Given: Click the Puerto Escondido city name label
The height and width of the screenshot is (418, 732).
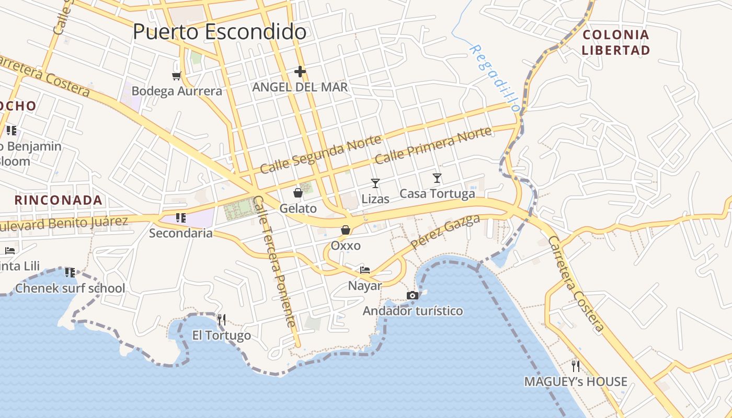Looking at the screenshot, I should (219, 32).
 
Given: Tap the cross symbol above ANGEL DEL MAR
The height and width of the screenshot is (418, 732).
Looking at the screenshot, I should (300, 72).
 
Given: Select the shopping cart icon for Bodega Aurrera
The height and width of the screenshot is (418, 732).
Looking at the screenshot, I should (177, 76).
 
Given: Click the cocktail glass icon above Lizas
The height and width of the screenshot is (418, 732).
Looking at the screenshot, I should (375, 183).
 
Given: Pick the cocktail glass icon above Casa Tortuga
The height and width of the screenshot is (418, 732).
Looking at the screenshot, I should (437, 178).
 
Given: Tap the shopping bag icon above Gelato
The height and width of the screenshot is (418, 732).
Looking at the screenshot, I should (298, 193).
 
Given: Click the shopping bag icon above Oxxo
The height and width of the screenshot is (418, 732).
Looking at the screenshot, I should (346, 230).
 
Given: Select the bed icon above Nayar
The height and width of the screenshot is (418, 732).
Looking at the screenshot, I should (365, 270).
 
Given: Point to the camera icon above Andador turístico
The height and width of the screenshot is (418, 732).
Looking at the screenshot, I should (413, 296).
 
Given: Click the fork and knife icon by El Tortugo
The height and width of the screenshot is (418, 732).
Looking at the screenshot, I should (222, 319).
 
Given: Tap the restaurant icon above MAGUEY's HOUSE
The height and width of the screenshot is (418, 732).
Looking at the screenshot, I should (576, 366).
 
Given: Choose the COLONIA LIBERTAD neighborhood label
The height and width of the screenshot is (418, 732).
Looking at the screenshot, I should (616, 43).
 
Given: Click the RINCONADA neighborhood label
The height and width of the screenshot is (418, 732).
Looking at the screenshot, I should (58, 200).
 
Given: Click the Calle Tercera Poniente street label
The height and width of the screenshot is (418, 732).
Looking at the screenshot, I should (274, 261).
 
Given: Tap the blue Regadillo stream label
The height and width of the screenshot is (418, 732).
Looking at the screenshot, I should (495, 78).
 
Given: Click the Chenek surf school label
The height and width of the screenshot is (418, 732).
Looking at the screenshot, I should (70, 288).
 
